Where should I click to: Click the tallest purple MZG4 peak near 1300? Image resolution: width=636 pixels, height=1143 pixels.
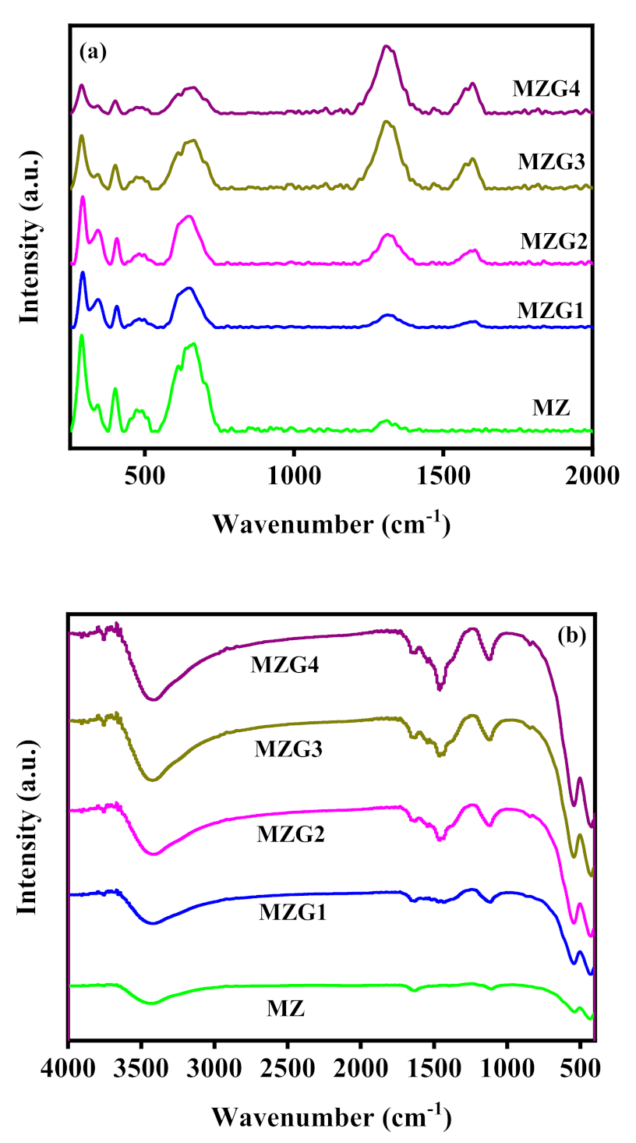[385, 47]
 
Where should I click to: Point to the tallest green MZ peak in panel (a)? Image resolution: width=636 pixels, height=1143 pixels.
[82, 336]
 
